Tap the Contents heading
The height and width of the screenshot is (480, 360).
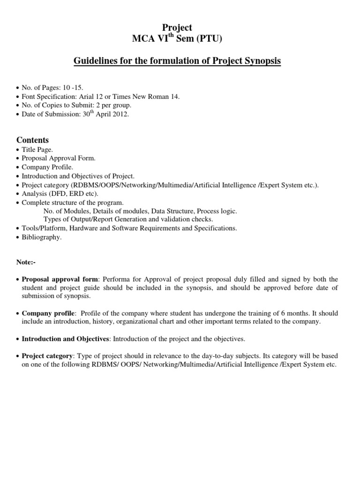tap(32, 140)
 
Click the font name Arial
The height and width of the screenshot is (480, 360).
tap(89, 97)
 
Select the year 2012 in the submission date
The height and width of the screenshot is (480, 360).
tap(118, 114)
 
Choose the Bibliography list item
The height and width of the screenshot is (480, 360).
tap(42, 237)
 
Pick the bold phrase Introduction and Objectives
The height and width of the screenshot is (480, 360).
tap(66, 338)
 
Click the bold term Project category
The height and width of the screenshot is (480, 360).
tap(47, 356)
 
